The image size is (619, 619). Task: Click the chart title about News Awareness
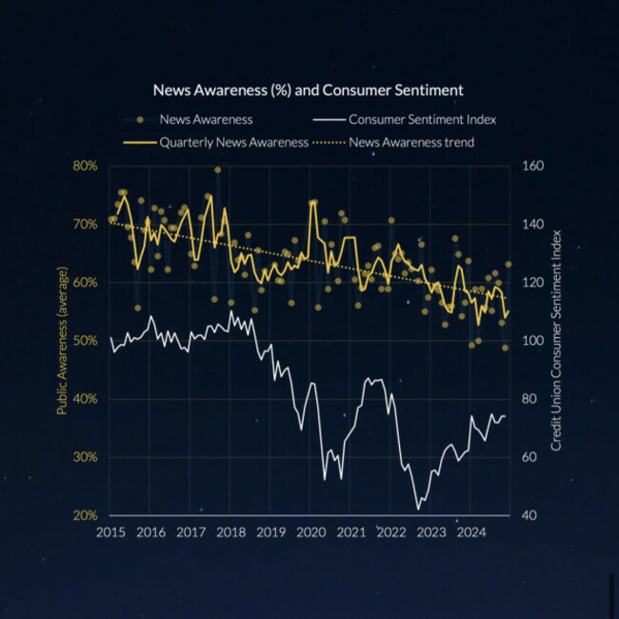[x=309, y=90]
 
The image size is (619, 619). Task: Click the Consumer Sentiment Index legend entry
[x=423, y=120]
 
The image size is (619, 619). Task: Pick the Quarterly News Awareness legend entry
[x=233, y=143]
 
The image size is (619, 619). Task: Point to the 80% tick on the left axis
[x=86, y=166]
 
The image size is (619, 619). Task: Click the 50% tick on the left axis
[x=86, y=341]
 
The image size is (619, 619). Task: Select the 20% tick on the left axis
[x=86, y=515]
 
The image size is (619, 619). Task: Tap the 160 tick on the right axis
[x=533, y=166]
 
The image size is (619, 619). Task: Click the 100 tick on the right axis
[x=533, y=341]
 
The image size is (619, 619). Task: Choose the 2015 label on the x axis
[x=110, y=532]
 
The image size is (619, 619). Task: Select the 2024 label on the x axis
[x=470, y=532]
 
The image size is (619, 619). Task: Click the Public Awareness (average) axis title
[x=62, y=340]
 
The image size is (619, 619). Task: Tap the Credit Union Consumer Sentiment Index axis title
[x=556, y=340]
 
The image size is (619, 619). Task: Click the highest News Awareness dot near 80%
[x=217, y=170]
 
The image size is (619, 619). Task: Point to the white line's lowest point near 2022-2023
[x=418, y=509]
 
